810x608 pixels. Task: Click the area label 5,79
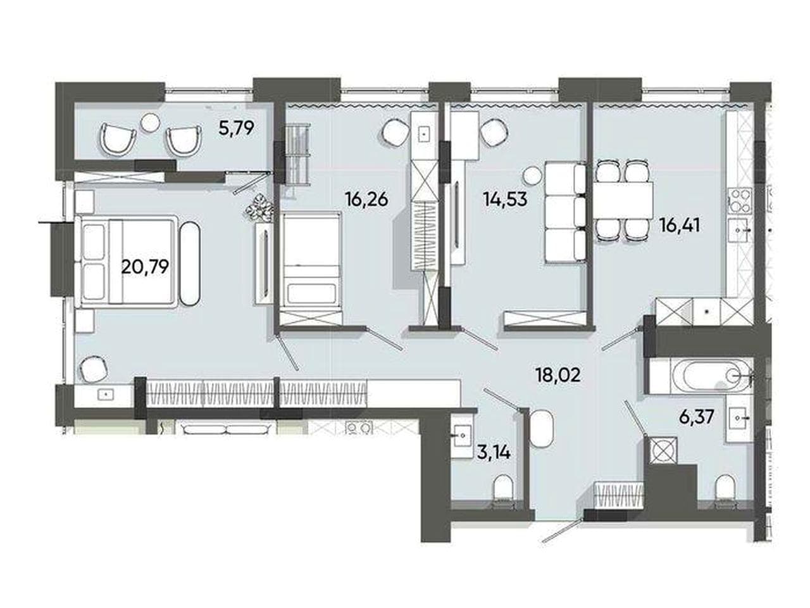click(236, 129)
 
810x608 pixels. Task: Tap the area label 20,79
click(145, 266)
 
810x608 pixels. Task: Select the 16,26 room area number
click(367, 199)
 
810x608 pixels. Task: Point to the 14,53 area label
click(506, 199)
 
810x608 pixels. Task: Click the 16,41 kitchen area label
click(680, 225)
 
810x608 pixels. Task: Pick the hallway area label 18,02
click(558, 376)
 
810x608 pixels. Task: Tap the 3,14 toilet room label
click(494, 453)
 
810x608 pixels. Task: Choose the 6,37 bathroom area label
click(697, 418)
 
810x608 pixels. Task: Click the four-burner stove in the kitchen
click(740, 201)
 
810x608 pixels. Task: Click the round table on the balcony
click(151, 122)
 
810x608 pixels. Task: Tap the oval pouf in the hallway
click(542, 429)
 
